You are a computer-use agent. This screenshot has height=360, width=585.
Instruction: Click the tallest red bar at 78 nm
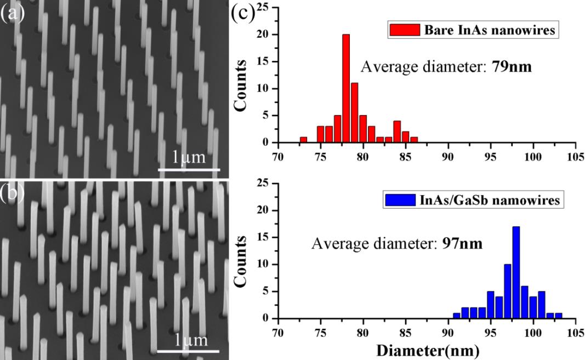(345, 88)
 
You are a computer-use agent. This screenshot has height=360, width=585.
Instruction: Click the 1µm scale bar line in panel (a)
(189, 169)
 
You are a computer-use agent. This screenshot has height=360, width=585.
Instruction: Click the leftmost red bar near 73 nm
(303, 140)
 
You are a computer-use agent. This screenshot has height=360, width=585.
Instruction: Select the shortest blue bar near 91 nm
(456, 316)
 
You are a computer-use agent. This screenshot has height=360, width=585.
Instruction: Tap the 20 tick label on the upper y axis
(266, 35)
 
